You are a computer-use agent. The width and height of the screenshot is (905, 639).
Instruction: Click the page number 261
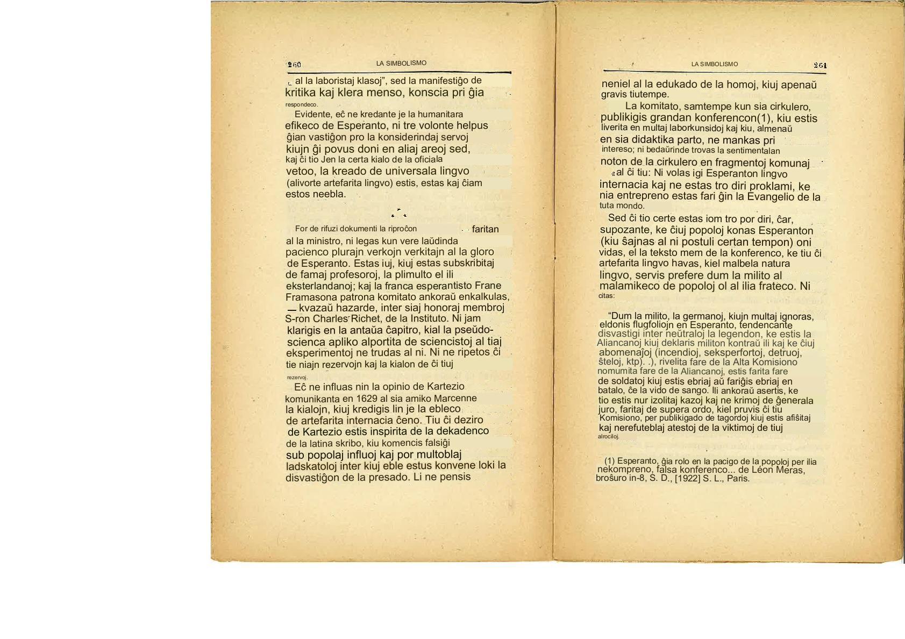[820, 66]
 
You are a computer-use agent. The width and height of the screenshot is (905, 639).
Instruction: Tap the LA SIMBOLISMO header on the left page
[401, 63]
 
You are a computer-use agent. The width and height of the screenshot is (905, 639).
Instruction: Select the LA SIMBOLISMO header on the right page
[715, 65]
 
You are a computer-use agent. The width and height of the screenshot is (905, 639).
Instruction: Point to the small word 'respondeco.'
[302, 104]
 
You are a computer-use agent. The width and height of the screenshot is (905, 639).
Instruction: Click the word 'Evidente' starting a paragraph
[312, 115]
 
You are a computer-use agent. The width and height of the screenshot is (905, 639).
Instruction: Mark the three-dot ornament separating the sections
[399, 214]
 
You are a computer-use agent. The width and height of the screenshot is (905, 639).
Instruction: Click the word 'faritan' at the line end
[485, 229]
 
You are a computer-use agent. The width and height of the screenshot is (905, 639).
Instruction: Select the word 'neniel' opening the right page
[618, 84]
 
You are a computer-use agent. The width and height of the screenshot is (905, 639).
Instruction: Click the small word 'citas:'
[607, 296]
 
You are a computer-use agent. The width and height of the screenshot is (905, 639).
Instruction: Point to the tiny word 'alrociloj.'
[609, 436]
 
